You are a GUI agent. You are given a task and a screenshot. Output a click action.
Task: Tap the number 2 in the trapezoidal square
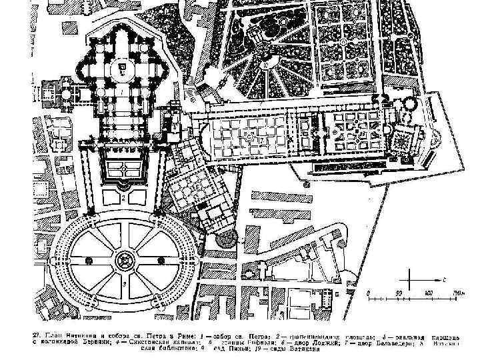pyautogui.click(x=125, y=198)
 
